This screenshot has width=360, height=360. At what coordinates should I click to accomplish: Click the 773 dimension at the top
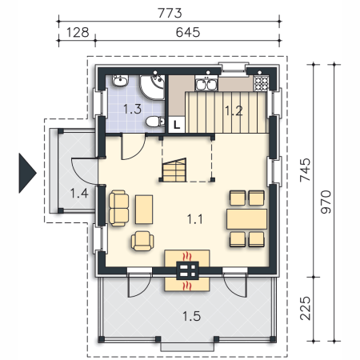[x=170, y=13]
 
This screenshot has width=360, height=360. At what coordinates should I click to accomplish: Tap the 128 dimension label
[x=78, y=33]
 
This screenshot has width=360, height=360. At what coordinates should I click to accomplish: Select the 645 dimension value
[x=188, y=33]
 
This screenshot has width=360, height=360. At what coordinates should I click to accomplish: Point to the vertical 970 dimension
[x=326, y=202]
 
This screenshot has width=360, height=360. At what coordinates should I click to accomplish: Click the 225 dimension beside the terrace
[x=305, y=308]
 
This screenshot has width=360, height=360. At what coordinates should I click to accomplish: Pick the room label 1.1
[x=195, y=219]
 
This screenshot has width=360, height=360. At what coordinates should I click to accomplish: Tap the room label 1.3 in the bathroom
[x=133, y=109]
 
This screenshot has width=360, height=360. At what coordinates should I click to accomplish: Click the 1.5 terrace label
[x=192, y=316]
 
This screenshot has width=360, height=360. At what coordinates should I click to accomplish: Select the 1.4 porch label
[x=79, y=193]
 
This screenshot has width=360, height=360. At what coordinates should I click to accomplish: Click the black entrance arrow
[x=27, y=173]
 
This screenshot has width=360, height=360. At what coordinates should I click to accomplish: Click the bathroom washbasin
[x=120, y=81]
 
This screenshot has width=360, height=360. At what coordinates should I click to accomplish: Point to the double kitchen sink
[x=206, y=83]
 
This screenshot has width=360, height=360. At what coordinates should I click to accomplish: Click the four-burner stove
[x=261, y=83]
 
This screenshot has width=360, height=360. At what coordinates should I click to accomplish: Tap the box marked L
[x=177, y=125]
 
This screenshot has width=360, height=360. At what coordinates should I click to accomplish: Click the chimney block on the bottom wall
[x=187, y=271]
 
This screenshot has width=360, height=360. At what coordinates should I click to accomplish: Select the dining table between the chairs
[x=247, y=219]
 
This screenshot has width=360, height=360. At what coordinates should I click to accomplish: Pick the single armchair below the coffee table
[x=142, y=241]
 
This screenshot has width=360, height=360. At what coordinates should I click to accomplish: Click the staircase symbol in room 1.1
[x=174, y=170]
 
